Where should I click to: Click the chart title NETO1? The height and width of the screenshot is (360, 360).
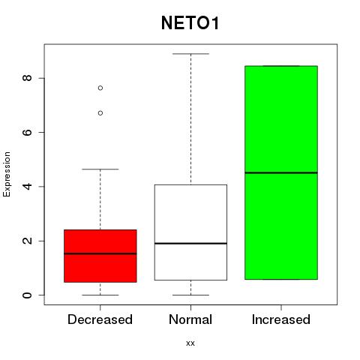tap(190, 23)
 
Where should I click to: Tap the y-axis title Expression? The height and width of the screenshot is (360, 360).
tap(7, 174)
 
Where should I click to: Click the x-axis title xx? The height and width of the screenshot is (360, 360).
tap(190, 343)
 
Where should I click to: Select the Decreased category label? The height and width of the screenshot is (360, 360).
tap(100, 319)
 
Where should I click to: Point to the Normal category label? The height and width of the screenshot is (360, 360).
tap(190, 319)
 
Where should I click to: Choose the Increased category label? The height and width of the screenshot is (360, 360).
tap(281, 319)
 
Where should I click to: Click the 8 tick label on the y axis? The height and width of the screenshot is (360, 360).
tap(27, 78)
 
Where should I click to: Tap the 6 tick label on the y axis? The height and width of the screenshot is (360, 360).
tap(27, 132)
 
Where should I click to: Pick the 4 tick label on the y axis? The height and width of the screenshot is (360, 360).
tap(27, 187)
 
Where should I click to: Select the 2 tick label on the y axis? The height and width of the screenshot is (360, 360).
tap(27, 241)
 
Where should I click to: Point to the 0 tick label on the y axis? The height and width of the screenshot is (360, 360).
tap(27, 295)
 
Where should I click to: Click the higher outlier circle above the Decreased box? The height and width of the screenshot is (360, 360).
tap(100, 88)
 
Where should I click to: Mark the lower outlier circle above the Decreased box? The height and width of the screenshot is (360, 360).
tap(100, 113)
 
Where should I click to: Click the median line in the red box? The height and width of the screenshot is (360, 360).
tap(100, 253)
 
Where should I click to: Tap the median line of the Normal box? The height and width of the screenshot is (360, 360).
tap(190, 243)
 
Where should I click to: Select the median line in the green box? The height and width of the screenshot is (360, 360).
tap(281, 172)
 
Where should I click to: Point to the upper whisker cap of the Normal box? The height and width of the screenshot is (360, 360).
tap(190, 54)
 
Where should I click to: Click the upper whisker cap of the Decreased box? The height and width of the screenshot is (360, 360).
tap(100, 169)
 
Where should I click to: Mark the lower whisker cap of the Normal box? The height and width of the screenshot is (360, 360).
tap(190, 295)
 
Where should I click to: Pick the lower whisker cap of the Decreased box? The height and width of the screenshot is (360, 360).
tap(100, 295)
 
